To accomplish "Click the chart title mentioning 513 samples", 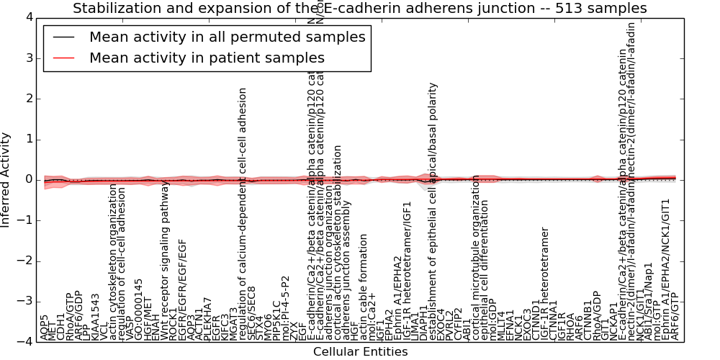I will [359, 9].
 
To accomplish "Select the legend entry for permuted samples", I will [227, 37].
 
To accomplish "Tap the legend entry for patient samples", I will [207, 58].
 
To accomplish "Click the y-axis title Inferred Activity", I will [6, 180].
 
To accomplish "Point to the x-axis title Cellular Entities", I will [360, 351].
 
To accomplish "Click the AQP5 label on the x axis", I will [45, 327].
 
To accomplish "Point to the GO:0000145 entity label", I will [138, 309].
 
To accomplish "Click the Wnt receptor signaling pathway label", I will [164, 260].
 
